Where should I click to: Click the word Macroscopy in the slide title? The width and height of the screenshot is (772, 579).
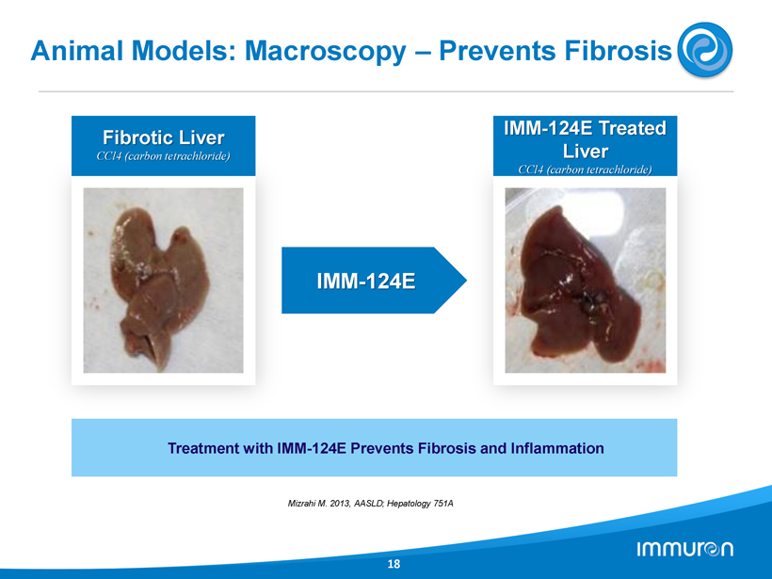click(326, 51)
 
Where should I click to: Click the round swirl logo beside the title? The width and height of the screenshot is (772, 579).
click(705, 50)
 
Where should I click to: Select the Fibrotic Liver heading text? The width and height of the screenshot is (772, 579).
click(164, 137)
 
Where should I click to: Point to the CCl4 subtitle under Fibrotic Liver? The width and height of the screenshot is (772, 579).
click(164, 156)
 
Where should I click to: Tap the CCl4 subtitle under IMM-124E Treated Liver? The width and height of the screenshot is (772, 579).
click(585, 169)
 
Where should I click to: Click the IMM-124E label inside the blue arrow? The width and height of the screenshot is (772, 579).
click(366, 281)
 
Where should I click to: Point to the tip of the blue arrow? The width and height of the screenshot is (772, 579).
click(466, 281)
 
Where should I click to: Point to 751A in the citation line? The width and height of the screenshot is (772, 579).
click(443, 503)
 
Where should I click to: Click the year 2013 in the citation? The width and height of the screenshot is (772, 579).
click(341, 503)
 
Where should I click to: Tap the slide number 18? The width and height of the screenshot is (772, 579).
click(394, 564)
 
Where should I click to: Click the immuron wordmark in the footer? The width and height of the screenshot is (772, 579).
click(684, 549)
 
